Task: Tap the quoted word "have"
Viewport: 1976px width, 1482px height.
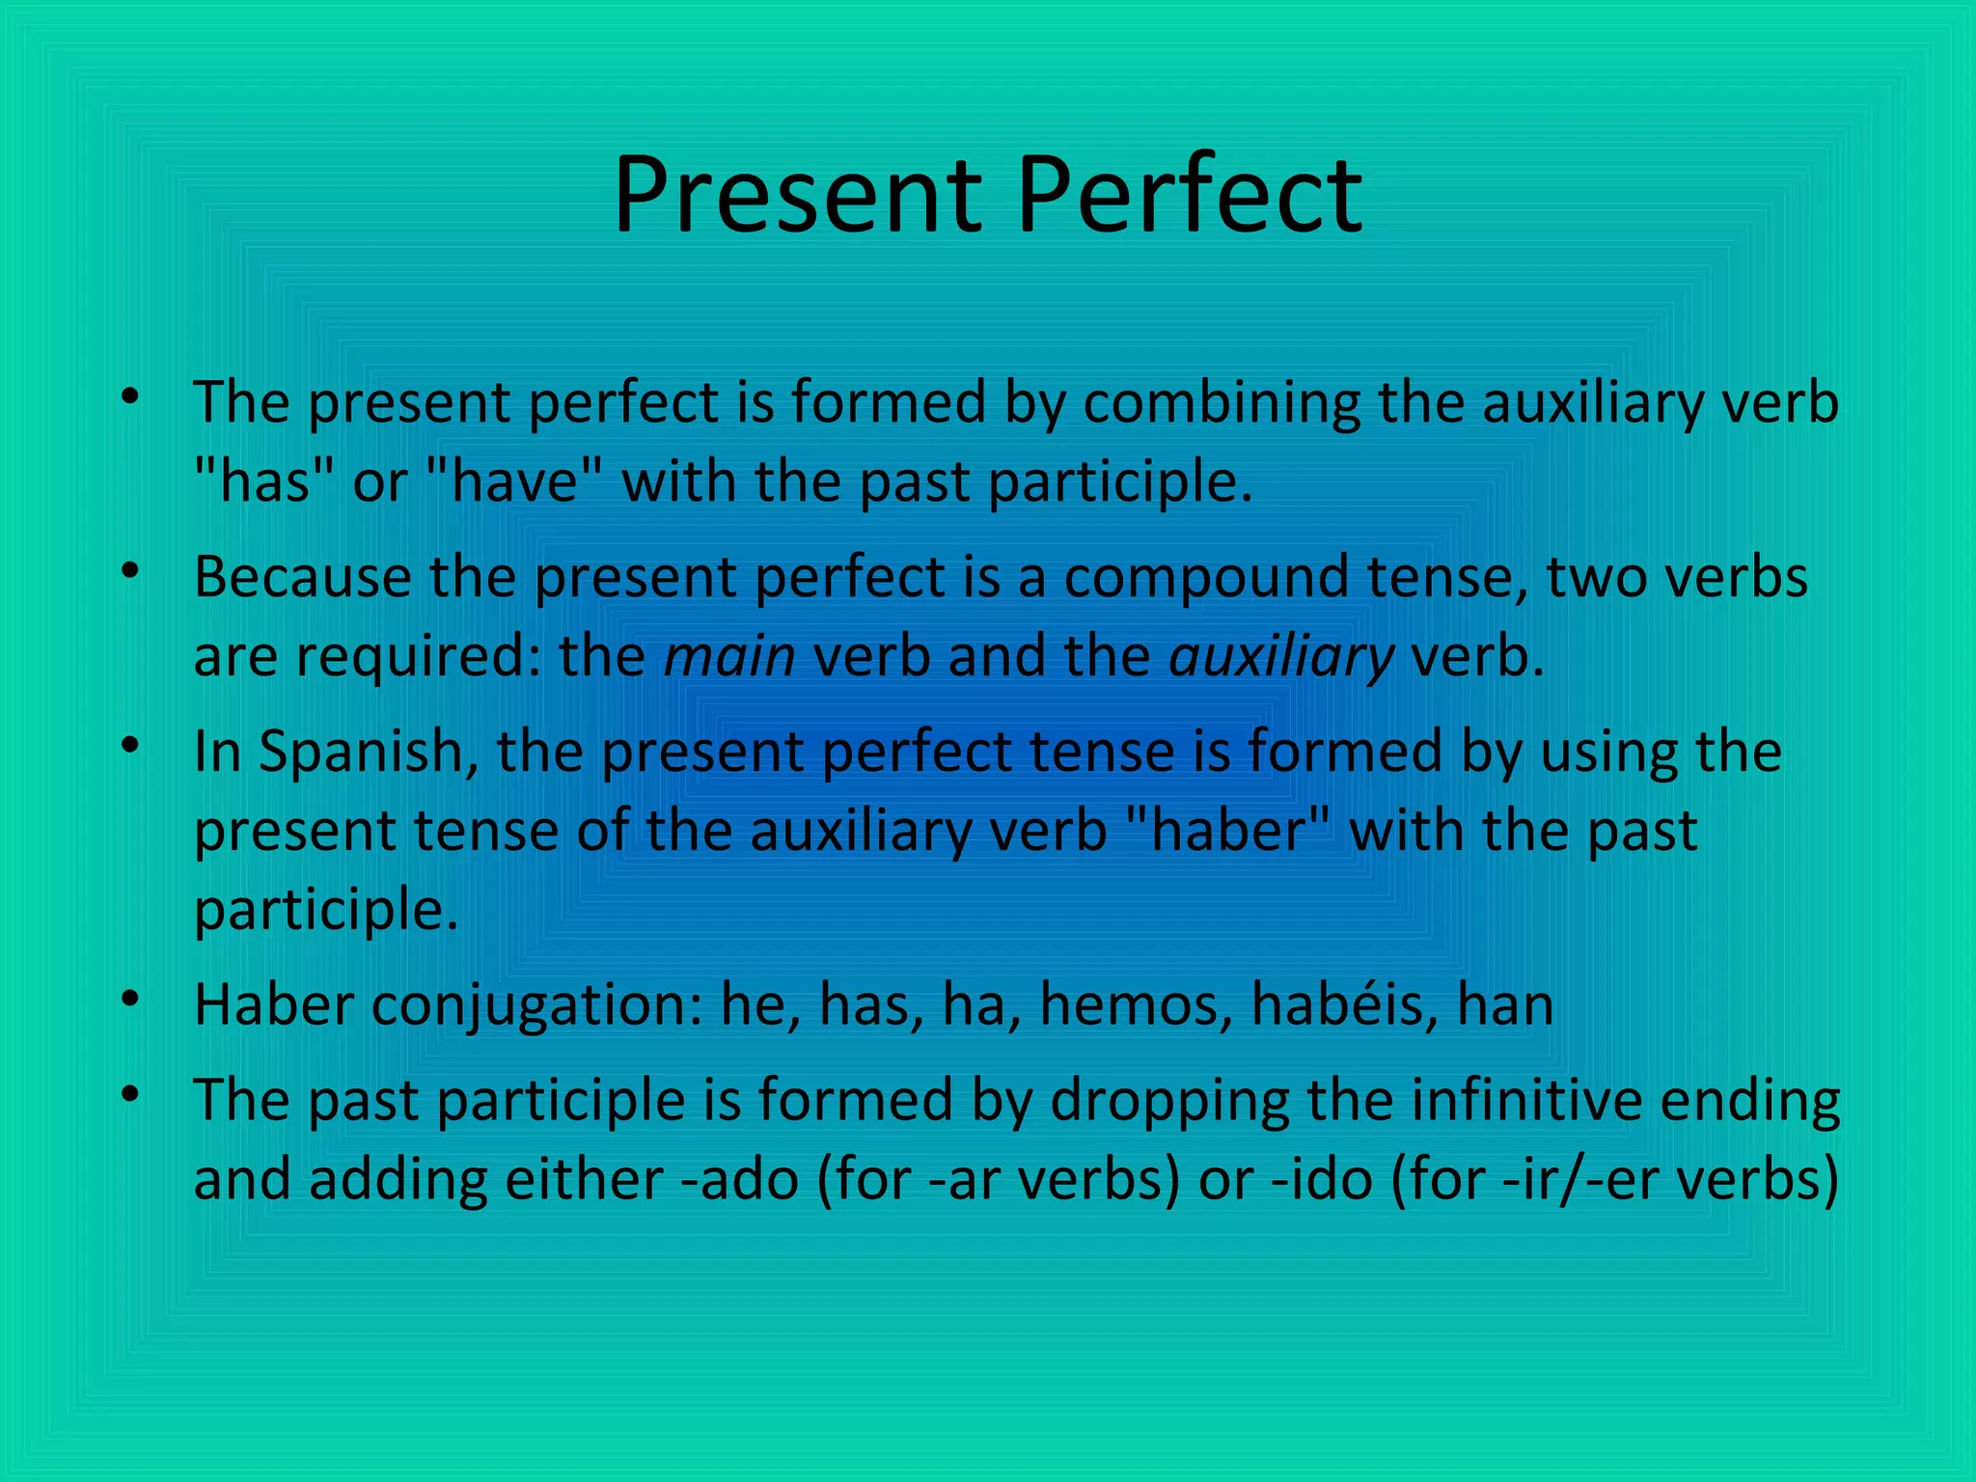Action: tap(511, 480)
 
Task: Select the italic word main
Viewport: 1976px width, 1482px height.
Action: tap(729, 656)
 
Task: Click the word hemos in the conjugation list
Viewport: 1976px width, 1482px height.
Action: tap(1135, 1004)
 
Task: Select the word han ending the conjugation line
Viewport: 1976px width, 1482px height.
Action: tap(1505, 1004)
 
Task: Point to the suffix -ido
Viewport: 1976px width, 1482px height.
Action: tap(1322, 1179)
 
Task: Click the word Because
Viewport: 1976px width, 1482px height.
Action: tap(302, 578)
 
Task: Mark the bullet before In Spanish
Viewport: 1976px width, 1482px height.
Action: tap(131, 745)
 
